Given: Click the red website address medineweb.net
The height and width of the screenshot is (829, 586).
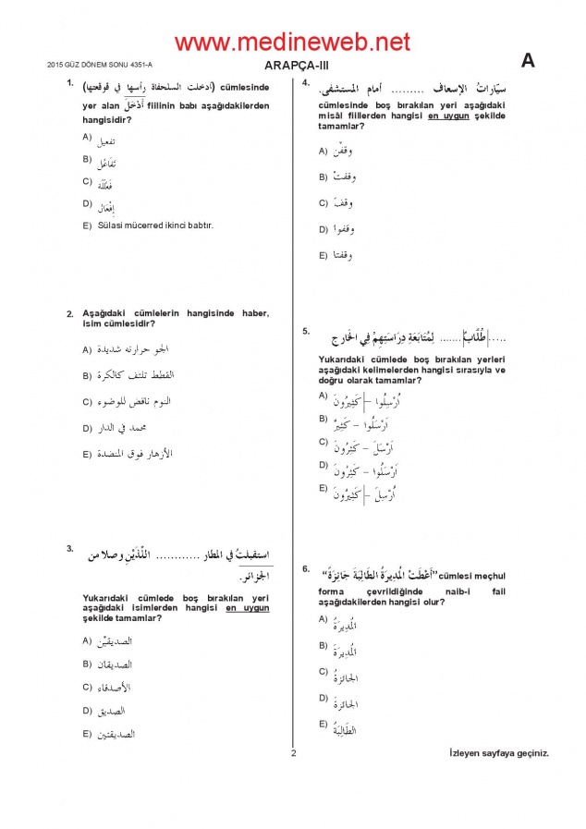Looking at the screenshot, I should pos(292,42).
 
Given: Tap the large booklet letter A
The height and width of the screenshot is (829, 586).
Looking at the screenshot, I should pos(529,61).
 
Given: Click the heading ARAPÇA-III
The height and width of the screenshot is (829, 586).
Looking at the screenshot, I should pos(292,65).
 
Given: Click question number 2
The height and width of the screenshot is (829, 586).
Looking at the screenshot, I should pos(69,313).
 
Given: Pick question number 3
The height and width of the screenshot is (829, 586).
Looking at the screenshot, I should pos(69,549).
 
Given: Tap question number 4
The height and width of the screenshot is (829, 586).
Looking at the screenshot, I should pos(305,83).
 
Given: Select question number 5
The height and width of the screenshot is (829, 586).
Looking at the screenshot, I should pos(305,330).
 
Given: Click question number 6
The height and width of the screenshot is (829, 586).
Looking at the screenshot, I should pos(305,567).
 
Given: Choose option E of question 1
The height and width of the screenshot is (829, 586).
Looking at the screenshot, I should pos(86,226).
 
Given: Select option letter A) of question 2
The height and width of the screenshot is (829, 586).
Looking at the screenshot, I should pos(86,349).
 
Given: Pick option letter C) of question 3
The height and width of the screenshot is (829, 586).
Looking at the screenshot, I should pos(86,687).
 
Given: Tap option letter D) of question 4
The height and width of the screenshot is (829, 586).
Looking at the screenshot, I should pos(324,227).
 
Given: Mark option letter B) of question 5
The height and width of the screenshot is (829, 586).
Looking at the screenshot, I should pos(324,420).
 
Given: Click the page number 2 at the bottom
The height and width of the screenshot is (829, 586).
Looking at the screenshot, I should pos(292,753).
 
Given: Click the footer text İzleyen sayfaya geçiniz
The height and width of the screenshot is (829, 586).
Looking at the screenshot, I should pos(498,752).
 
